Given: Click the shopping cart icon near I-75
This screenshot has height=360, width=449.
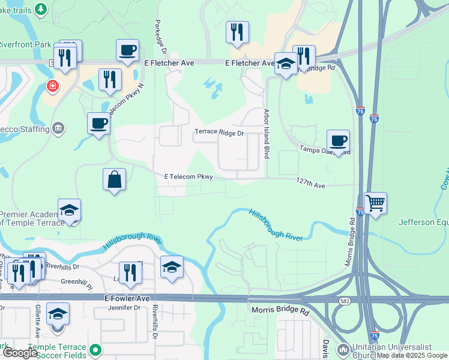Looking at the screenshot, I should tap(375, 203).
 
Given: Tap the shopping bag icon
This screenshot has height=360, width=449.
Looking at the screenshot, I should tap(114, 179).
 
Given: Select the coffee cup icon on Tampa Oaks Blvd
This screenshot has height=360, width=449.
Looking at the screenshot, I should tap(338, 141).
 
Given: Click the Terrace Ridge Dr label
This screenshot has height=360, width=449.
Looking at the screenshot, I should tap(219, 133).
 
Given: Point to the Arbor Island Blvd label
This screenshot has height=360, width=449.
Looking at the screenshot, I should tap(265, 134).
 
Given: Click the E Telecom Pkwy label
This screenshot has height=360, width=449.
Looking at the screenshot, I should tap(189, 176).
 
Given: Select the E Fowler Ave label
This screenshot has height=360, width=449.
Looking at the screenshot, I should tap(127, 298).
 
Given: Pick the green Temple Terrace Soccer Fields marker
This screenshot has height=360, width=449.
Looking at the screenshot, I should tap(94, 349).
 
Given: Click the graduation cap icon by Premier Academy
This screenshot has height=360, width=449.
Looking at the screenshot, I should tap(69, 211).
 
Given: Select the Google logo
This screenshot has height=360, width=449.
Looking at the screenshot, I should tap(20, 352).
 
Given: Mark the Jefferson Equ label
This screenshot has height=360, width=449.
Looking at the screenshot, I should tap(423, 223).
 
